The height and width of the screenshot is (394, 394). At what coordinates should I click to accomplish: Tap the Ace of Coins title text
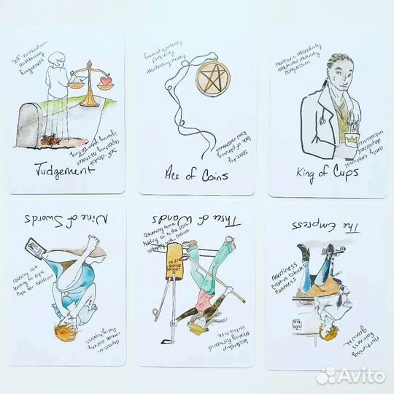pyautogui.click(x=198, y=176)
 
